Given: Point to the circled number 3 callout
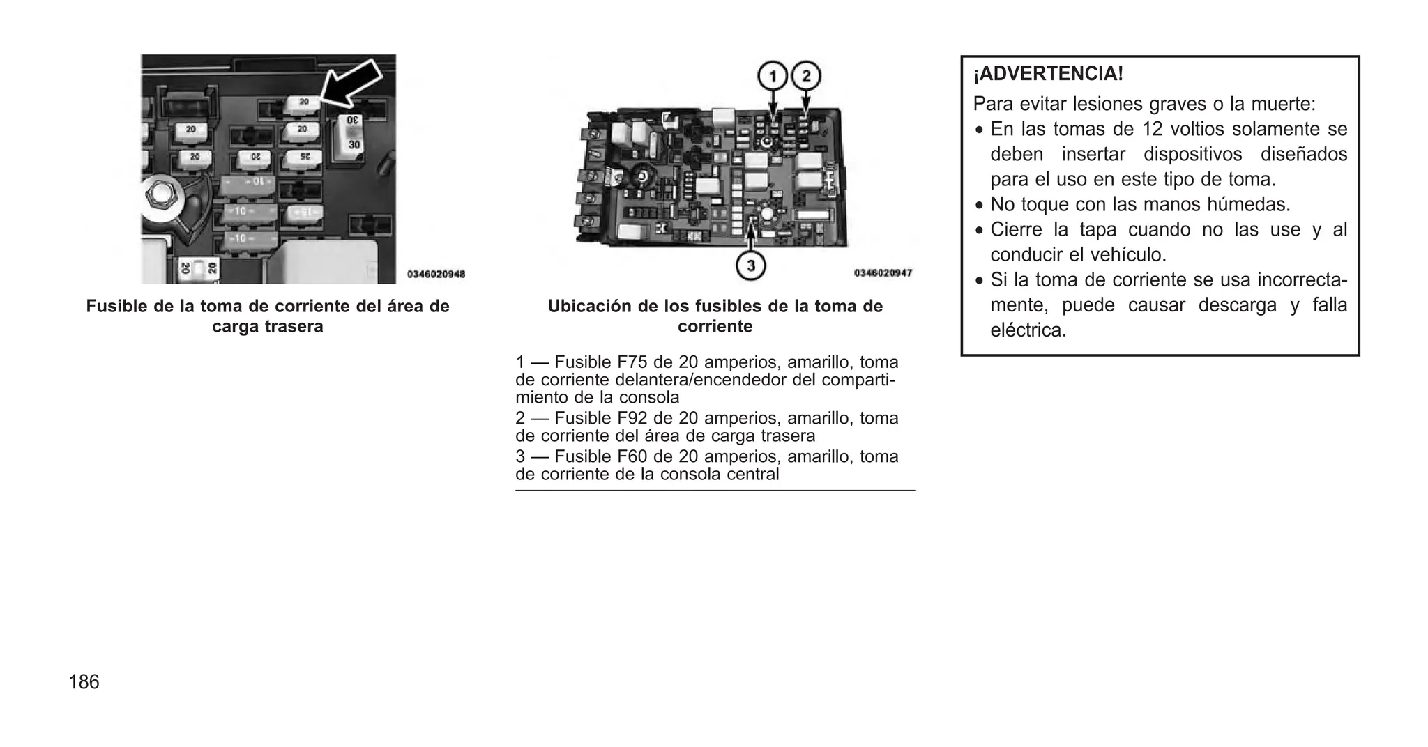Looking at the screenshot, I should tap(751, 265).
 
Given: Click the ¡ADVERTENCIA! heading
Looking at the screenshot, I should tap(1048, 74).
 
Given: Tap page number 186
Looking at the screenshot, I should tap(84, 682).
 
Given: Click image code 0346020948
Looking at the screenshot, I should tap(436, 274).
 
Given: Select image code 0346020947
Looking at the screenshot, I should tap(883, 272).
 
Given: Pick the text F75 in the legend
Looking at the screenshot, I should tap(632, 362).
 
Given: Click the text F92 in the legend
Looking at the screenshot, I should tap(632, 418).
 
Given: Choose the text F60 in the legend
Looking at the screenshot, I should tap(632, 456).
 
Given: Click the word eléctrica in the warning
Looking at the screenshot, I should tap(1028, 330).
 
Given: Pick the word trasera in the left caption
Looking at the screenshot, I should tap(294, 327).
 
